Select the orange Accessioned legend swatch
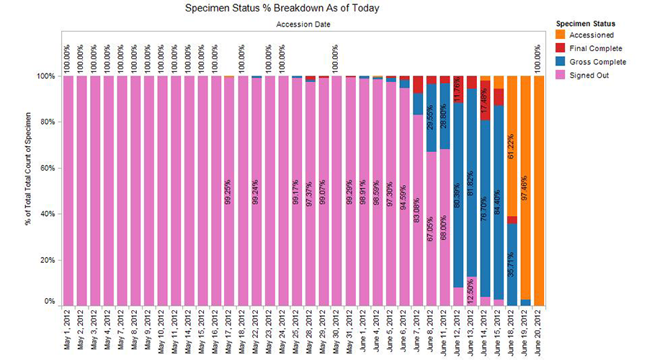tap(560, 35)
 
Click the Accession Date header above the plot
tap(303, 24)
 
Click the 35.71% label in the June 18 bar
tap(511, 265)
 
